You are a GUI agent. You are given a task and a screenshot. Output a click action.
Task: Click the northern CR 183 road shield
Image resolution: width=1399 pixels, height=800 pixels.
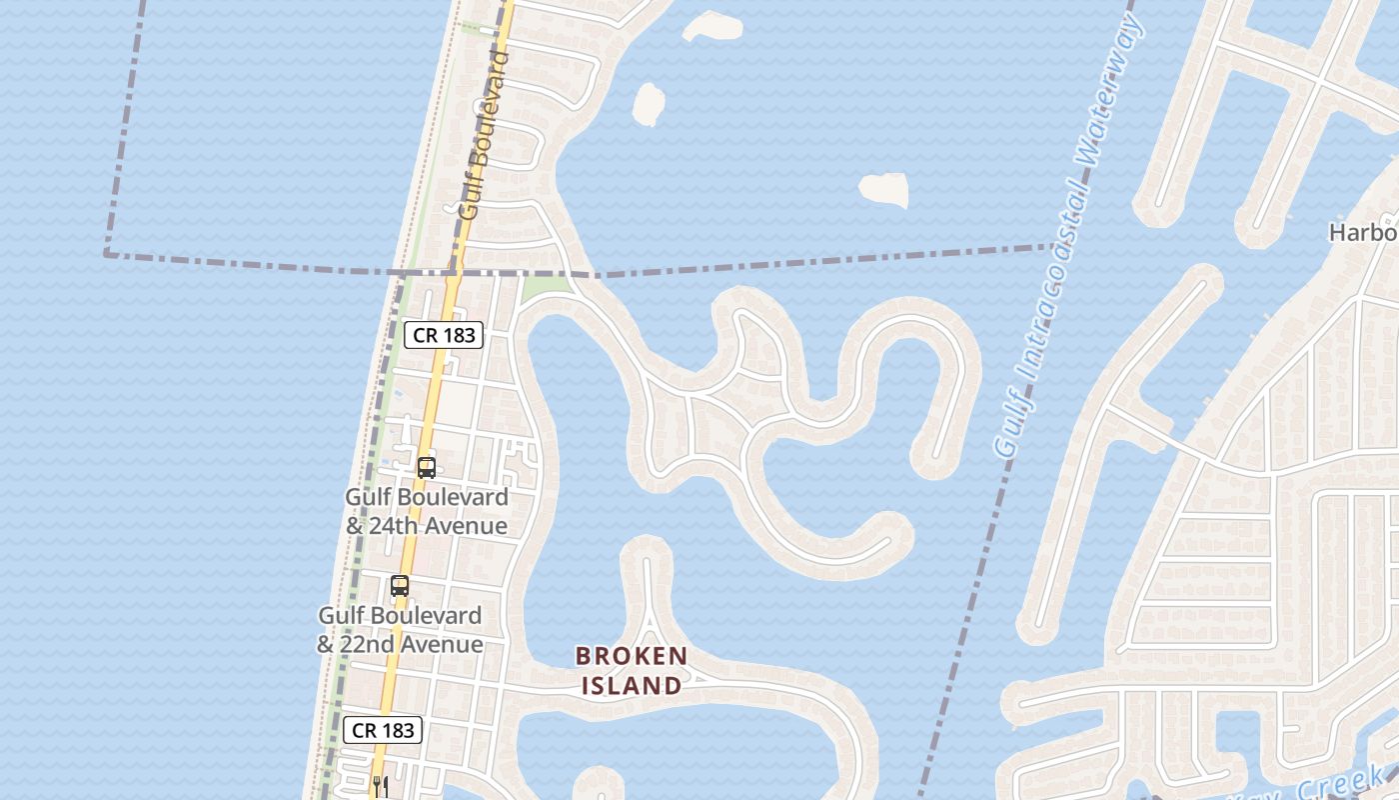tap(444, 335)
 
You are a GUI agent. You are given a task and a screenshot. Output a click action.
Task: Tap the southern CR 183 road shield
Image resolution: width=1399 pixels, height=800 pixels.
tap(383, 730)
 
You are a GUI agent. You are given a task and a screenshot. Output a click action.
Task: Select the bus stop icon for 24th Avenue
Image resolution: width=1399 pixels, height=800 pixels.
tap(427, 467)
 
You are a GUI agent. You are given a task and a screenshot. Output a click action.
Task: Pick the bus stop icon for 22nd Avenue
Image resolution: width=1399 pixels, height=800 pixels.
tap(400, 586)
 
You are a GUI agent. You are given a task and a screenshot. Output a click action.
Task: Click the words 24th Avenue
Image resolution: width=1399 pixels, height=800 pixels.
tap(438, 526)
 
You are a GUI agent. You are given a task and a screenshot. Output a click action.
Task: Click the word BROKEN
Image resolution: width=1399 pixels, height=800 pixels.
tap(632, 656)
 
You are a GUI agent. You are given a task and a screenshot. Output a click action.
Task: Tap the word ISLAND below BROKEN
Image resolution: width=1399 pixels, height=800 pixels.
tap(632, 686)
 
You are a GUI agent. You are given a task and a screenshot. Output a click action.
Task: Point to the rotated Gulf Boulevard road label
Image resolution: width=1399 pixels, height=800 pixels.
tap(485, 135)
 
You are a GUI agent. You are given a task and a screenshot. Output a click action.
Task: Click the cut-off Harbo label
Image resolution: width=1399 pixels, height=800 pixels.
tap(1362, 233)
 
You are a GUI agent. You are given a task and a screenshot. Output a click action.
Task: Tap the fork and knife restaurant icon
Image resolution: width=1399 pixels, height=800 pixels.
tap(380, 786)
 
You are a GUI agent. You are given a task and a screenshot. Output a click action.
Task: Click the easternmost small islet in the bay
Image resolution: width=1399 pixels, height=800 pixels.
tap(884, 189)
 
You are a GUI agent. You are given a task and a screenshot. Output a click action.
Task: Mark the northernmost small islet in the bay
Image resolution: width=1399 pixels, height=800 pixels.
tap(712, 25)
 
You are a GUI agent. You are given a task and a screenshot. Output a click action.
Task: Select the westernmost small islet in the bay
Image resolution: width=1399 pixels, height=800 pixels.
tap(649, 103)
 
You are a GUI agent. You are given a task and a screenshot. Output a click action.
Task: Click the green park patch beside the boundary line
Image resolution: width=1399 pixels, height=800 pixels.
tap(545, 288)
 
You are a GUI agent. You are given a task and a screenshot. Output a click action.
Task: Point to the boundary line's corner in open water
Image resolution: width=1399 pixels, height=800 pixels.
tap(106, 254)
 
